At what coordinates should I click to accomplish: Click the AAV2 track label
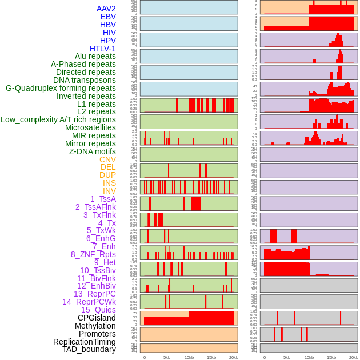point(106,9)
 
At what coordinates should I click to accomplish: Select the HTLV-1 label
point(103,49)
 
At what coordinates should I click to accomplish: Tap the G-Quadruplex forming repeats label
point(61,88)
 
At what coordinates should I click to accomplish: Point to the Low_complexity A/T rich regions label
point(58,119)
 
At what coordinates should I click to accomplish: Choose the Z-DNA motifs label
point(93,151)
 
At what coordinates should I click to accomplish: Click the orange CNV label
point(107,159)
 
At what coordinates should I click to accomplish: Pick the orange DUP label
point(107,175)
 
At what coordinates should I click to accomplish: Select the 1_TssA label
point(103,199)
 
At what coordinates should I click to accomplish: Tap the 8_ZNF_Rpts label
point(93,254)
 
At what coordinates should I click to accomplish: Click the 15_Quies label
point(98,310)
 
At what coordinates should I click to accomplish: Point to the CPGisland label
point(97,318)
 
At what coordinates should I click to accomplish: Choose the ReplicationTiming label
point(84,342)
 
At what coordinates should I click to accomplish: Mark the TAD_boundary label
point(89,349)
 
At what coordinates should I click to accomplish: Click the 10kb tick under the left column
point(189,357)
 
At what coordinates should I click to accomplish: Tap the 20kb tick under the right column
point(354,357)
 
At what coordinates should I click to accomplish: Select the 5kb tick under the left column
point(166,357)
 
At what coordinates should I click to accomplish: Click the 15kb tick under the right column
point(331,357)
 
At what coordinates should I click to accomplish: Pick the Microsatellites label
point(90,127)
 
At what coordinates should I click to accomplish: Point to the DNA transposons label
point(85,80)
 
